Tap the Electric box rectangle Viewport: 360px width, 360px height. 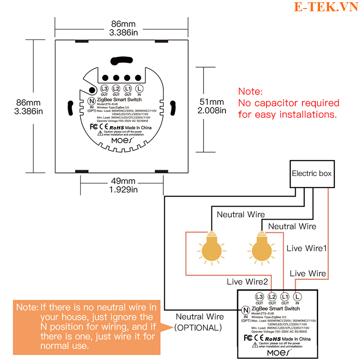(x=312, y=174)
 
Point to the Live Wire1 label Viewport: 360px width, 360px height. (x=306, y=248)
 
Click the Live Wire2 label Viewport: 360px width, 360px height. (x=247, y=282)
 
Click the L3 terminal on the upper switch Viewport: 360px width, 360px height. (x=104, y=89)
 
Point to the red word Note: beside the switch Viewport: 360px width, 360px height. (x=251, y=91)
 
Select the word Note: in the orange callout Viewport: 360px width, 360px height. (x=28, y=307)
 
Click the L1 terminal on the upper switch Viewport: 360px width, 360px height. (x=128, y=89)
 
